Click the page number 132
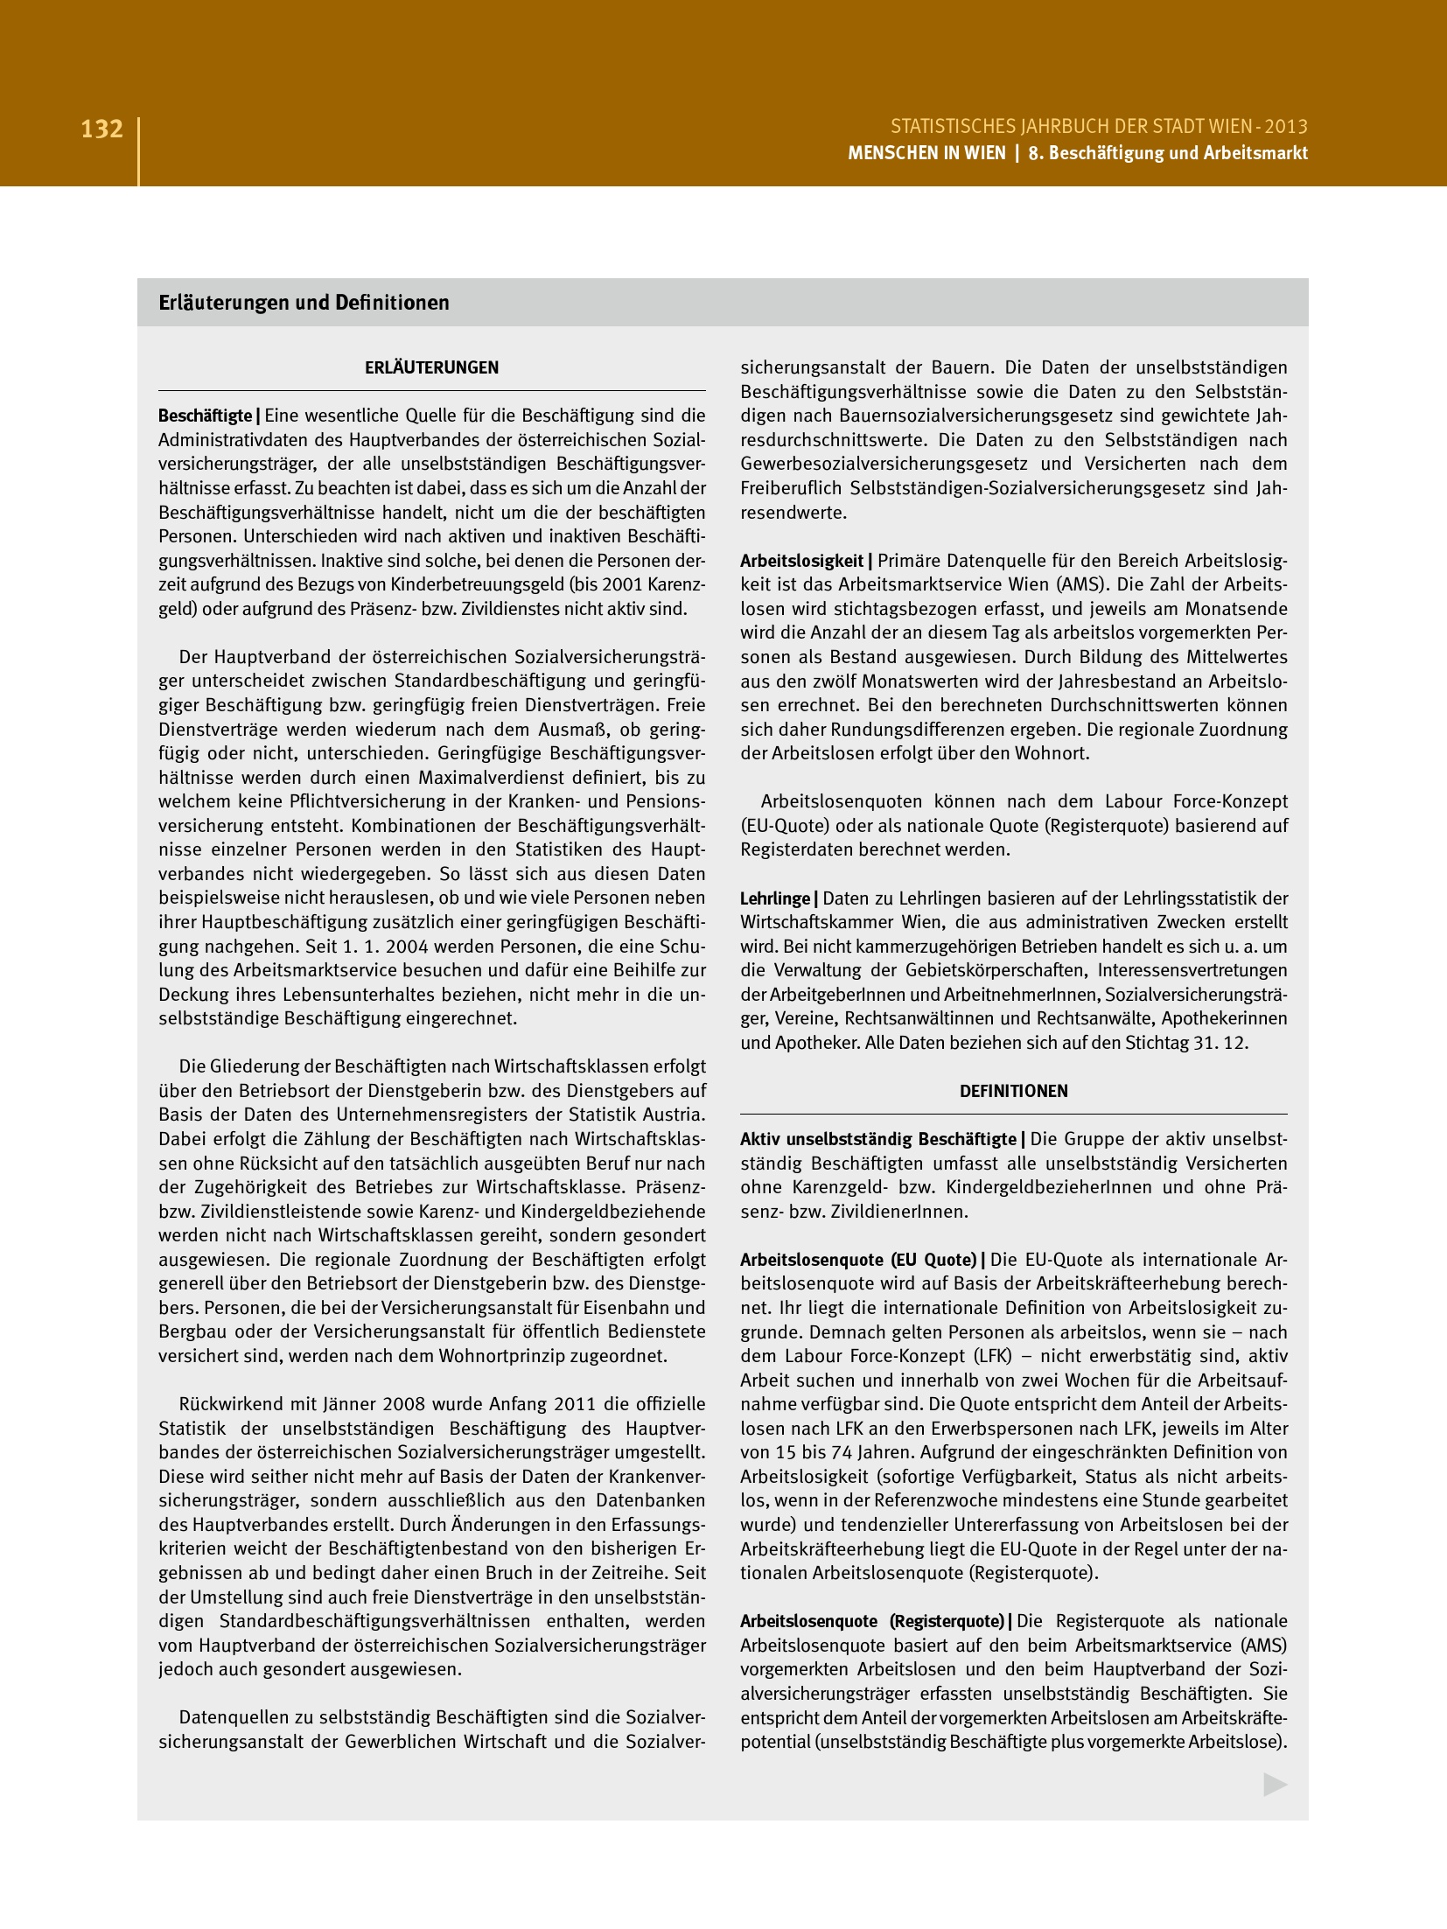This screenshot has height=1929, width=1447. (x=101, y=129)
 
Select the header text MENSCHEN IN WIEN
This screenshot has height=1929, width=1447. (x=926, y=153)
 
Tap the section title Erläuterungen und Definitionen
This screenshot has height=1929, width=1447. (x=304, y=303)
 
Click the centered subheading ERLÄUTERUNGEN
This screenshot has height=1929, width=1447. (x=431, y=368)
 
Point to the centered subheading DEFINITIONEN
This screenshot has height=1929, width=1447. (x=1013, y=1091)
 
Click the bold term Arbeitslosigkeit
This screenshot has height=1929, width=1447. (x=801, y=561)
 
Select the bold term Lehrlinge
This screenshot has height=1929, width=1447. (x=775, y=898)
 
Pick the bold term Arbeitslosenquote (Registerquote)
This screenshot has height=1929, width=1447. (x=871, y=1621)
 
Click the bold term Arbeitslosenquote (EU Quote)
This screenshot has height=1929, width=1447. (x=858, y=1260)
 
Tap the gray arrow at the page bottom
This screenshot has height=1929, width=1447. (x=1275, y=1785)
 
